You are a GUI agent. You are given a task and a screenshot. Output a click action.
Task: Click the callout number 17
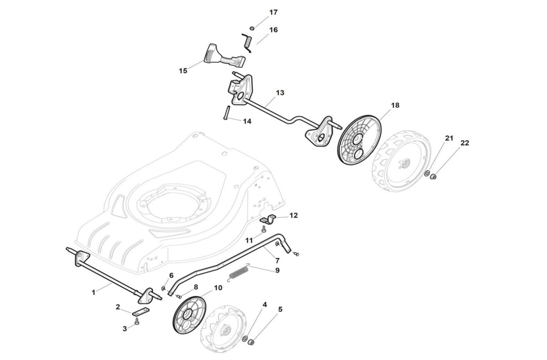coord(273,13)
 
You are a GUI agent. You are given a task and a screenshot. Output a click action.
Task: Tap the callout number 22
coord(464,143)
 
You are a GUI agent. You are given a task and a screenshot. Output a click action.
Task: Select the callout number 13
coord(280,93)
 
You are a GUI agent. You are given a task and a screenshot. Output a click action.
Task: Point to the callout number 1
coord(93,292)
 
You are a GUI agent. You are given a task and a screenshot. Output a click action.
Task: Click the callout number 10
coord(218,287)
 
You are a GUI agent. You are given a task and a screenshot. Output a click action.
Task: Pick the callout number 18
coord(395,105)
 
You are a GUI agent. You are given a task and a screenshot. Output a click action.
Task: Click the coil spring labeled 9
coord(238,274)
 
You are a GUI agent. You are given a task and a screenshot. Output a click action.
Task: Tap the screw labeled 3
coord(137,321)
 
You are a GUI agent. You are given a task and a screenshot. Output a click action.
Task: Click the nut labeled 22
coord(433,176)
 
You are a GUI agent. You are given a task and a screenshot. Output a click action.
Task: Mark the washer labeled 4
coord(245,339)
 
